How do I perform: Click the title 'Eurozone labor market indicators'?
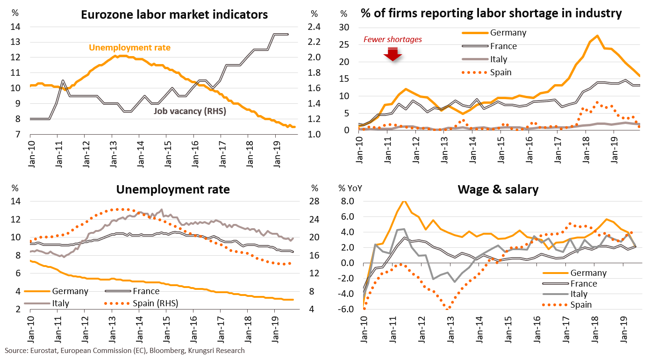pos(174,14)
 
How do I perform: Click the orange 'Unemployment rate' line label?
pos(129,47)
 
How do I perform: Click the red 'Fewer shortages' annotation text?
pos(393,40)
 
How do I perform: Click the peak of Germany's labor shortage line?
pos(597,36)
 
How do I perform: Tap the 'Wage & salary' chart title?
pos(498,189)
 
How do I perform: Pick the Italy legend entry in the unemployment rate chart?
pos(61,303)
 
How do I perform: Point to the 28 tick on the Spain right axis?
pos(315,202)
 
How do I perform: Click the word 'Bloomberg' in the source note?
pos(169,350)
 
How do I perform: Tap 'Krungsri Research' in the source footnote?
pos(216,350)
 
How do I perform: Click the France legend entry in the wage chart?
pos(584,284)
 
